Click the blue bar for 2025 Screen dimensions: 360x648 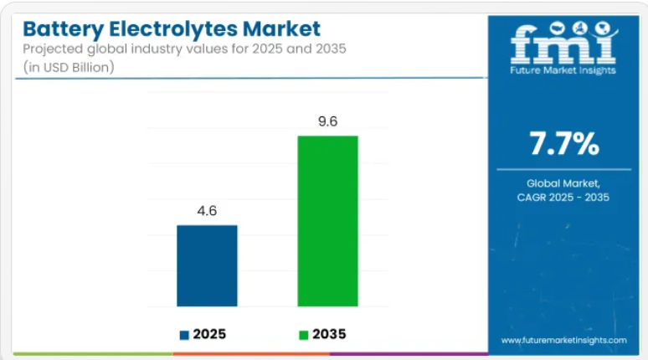point(207,265)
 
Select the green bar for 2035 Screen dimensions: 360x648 point(328,220)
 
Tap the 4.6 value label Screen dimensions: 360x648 point(207,211)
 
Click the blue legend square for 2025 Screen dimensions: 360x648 point(184,335)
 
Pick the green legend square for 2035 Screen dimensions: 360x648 point(304,335)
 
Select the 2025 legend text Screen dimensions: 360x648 point(210,335)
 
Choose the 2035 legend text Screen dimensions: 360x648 point(329,335)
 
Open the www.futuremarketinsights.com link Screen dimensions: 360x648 point(563,340)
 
